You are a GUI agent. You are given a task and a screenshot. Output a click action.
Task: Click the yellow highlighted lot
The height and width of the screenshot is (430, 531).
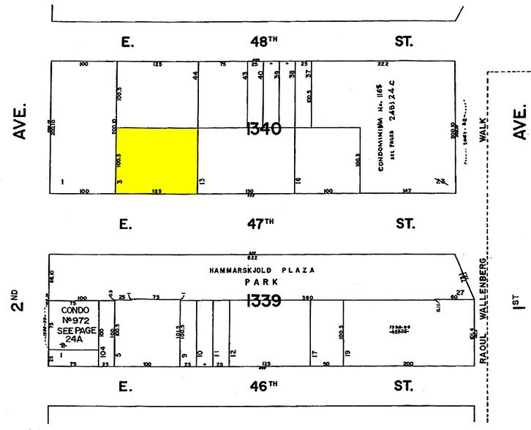point(157,161)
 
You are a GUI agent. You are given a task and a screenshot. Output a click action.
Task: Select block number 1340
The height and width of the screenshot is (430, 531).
point(264,129)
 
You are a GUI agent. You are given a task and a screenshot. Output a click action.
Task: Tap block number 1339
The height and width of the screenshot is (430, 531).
point(264,300)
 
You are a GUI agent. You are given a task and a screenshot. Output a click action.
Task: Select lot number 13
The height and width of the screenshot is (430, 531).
point(202,180)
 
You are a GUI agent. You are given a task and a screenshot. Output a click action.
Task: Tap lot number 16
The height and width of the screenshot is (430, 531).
point(298,180)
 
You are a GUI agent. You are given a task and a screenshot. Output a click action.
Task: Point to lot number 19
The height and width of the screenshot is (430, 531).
point(347,353)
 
